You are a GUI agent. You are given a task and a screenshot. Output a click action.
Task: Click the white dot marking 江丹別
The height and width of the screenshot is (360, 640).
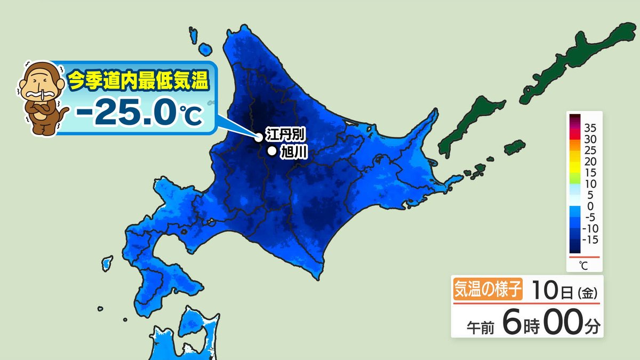coord(259,137)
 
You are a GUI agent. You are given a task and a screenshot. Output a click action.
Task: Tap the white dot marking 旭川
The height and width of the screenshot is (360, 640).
coord(272,151)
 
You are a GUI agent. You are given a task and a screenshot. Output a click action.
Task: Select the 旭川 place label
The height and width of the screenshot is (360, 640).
coord(292,152)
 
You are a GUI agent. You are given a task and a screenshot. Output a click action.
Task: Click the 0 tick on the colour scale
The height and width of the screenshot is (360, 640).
coord(589,206)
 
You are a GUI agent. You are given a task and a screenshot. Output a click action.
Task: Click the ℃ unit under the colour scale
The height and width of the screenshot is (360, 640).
coord(582,265)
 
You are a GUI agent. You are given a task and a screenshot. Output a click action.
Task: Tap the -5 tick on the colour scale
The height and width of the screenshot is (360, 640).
coord(589,217)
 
